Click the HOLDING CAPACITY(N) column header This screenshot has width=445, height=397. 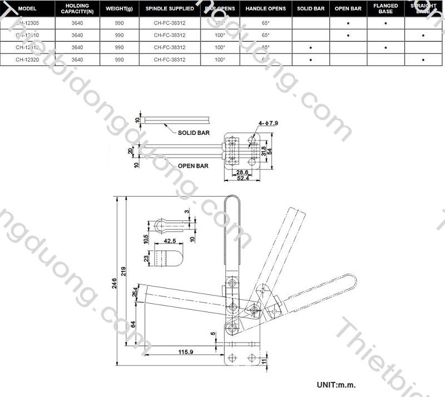point(77,9)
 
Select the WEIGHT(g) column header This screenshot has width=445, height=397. point(118,9)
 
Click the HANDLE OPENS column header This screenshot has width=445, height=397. point(265,9)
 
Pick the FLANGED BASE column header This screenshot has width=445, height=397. point(385,9)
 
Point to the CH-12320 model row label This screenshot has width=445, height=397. point(26,59)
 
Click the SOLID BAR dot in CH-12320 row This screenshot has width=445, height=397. point(310,59)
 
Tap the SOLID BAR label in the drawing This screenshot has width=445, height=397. point(194,133)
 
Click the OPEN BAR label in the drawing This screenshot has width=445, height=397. point(193,166)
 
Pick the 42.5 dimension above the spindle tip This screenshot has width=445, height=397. point(170,241)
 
